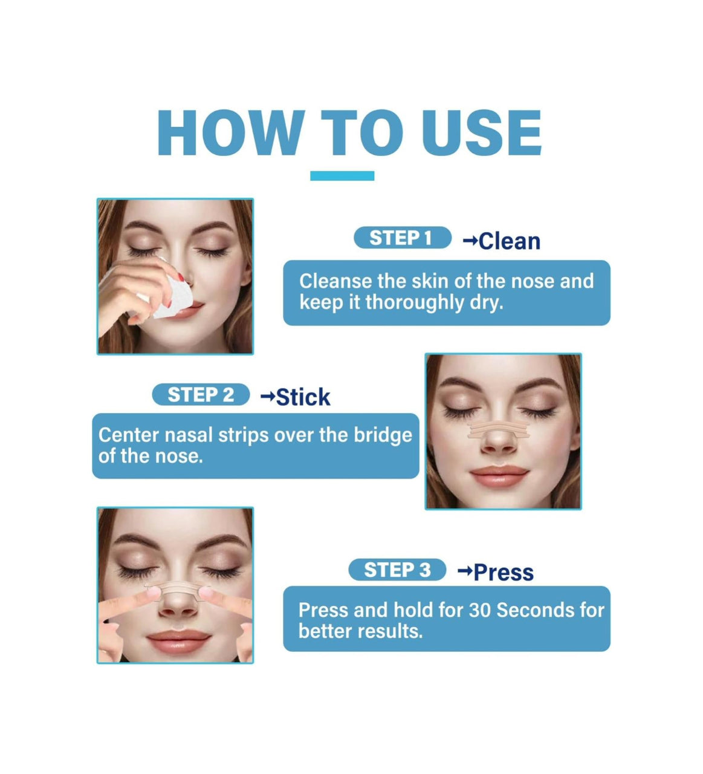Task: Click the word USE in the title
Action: (x=482, y=133)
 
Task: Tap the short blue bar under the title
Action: (x=342, y=176)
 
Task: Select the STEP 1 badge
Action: (x=403, y=238)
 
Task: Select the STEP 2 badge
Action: (x=201, y=394)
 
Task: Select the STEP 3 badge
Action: (x=397, y=570)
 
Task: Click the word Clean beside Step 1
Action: (x=510, y=241)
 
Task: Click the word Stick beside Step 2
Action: (x=303, y=397)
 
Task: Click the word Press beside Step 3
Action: (x=504, y=572)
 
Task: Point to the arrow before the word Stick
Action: (x=268, y=397)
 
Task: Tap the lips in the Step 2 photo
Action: (x=499, y=475)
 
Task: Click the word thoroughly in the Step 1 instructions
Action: (x=415, y=302)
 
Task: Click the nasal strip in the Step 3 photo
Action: (x=178, y=589)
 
